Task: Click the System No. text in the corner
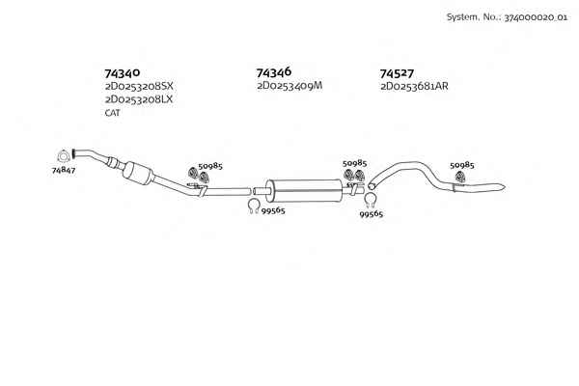(507, 17)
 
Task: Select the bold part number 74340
(123, 73)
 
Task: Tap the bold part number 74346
(274, 72)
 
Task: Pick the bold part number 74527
(397, 73)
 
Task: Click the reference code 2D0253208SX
(139, 87)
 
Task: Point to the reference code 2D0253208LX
(139, 99)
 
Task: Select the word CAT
(112, 113)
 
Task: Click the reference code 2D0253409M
(289, 86)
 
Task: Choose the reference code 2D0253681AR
(414, 87)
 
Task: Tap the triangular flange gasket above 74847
(64, 156)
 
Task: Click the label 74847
(64, 171)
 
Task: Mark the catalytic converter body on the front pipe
(137, 173)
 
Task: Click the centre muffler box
(305, 191)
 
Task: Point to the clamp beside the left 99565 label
(253, 206)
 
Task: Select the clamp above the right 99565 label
(371, 201)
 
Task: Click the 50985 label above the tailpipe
(462, 165)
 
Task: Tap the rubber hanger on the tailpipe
(459, 177)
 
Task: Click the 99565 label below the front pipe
(273, 211)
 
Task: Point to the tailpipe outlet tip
(504, 186)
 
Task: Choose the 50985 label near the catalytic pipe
(210, 166)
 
